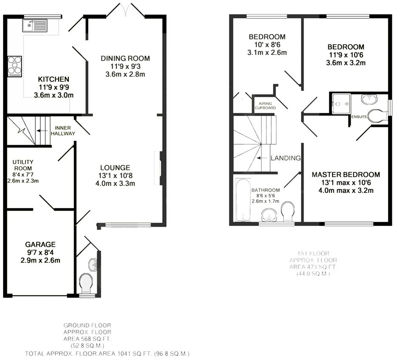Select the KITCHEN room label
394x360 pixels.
click(x=53, y=79)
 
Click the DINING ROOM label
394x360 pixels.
click(x=125, y=59)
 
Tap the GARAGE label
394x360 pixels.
click(x=40, y=245)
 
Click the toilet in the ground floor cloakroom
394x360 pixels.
click(x=87, y=283)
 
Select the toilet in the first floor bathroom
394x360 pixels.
click(x=288, y=211)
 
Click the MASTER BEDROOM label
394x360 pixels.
click(x=346, y=174)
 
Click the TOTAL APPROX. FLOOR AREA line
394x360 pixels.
click(x=107, y=353)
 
